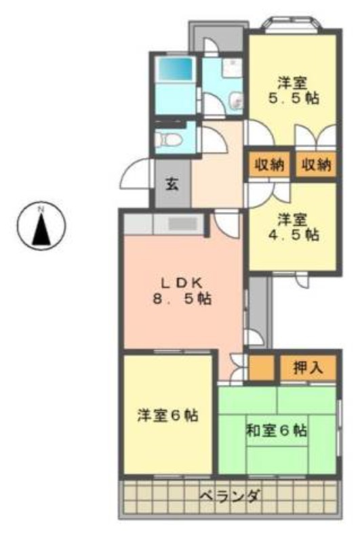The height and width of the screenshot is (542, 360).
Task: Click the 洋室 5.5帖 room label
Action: [294, 91]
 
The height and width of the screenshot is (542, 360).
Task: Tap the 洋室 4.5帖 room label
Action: [294, 227]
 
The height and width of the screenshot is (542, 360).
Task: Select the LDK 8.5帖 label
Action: [182, 291]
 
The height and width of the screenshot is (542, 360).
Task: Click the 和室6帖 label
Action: [276, 431]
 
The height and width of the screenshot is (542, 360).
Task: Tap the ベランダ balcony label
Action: [229, 496]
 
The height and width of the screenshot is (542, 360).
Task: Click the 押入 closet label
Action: [308, 368]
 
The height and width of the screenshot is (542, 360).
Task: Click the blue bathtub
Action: [174, 69]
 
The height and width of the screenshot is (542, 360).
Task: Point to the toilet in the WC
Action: [168, 140]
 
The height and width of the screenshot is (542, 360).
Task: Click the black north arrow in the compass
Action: [41, 230]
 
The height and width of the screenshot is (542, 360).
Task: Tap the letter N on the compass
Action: [41, 209]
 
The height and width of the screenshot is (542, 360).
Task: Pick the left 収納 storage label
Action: [269, 165]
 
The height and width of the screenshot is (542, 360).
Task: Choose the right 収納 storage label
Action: [317, 165]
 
